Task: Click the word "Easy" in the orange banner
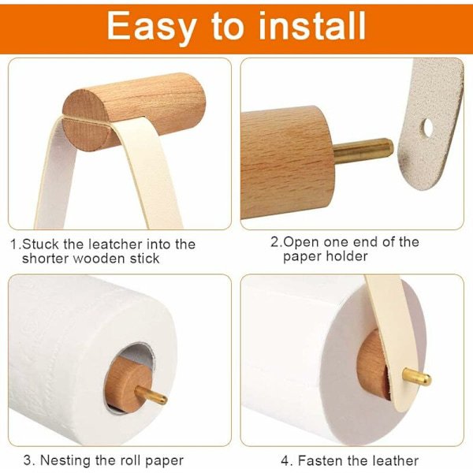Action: pos(151,27)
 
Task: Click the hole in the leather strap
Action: pos(426,127)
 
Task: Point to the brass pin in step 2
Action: pos(363,150)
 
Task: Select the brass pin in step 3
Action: pos(151,395)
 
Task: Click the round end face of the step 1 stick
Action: pos(85,120)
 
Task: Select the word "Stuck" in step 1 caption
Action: pos(41,244)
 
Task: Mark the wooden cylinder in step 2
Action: pos(287,162)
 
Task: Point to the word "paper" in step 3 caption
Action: pos(164,461)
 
